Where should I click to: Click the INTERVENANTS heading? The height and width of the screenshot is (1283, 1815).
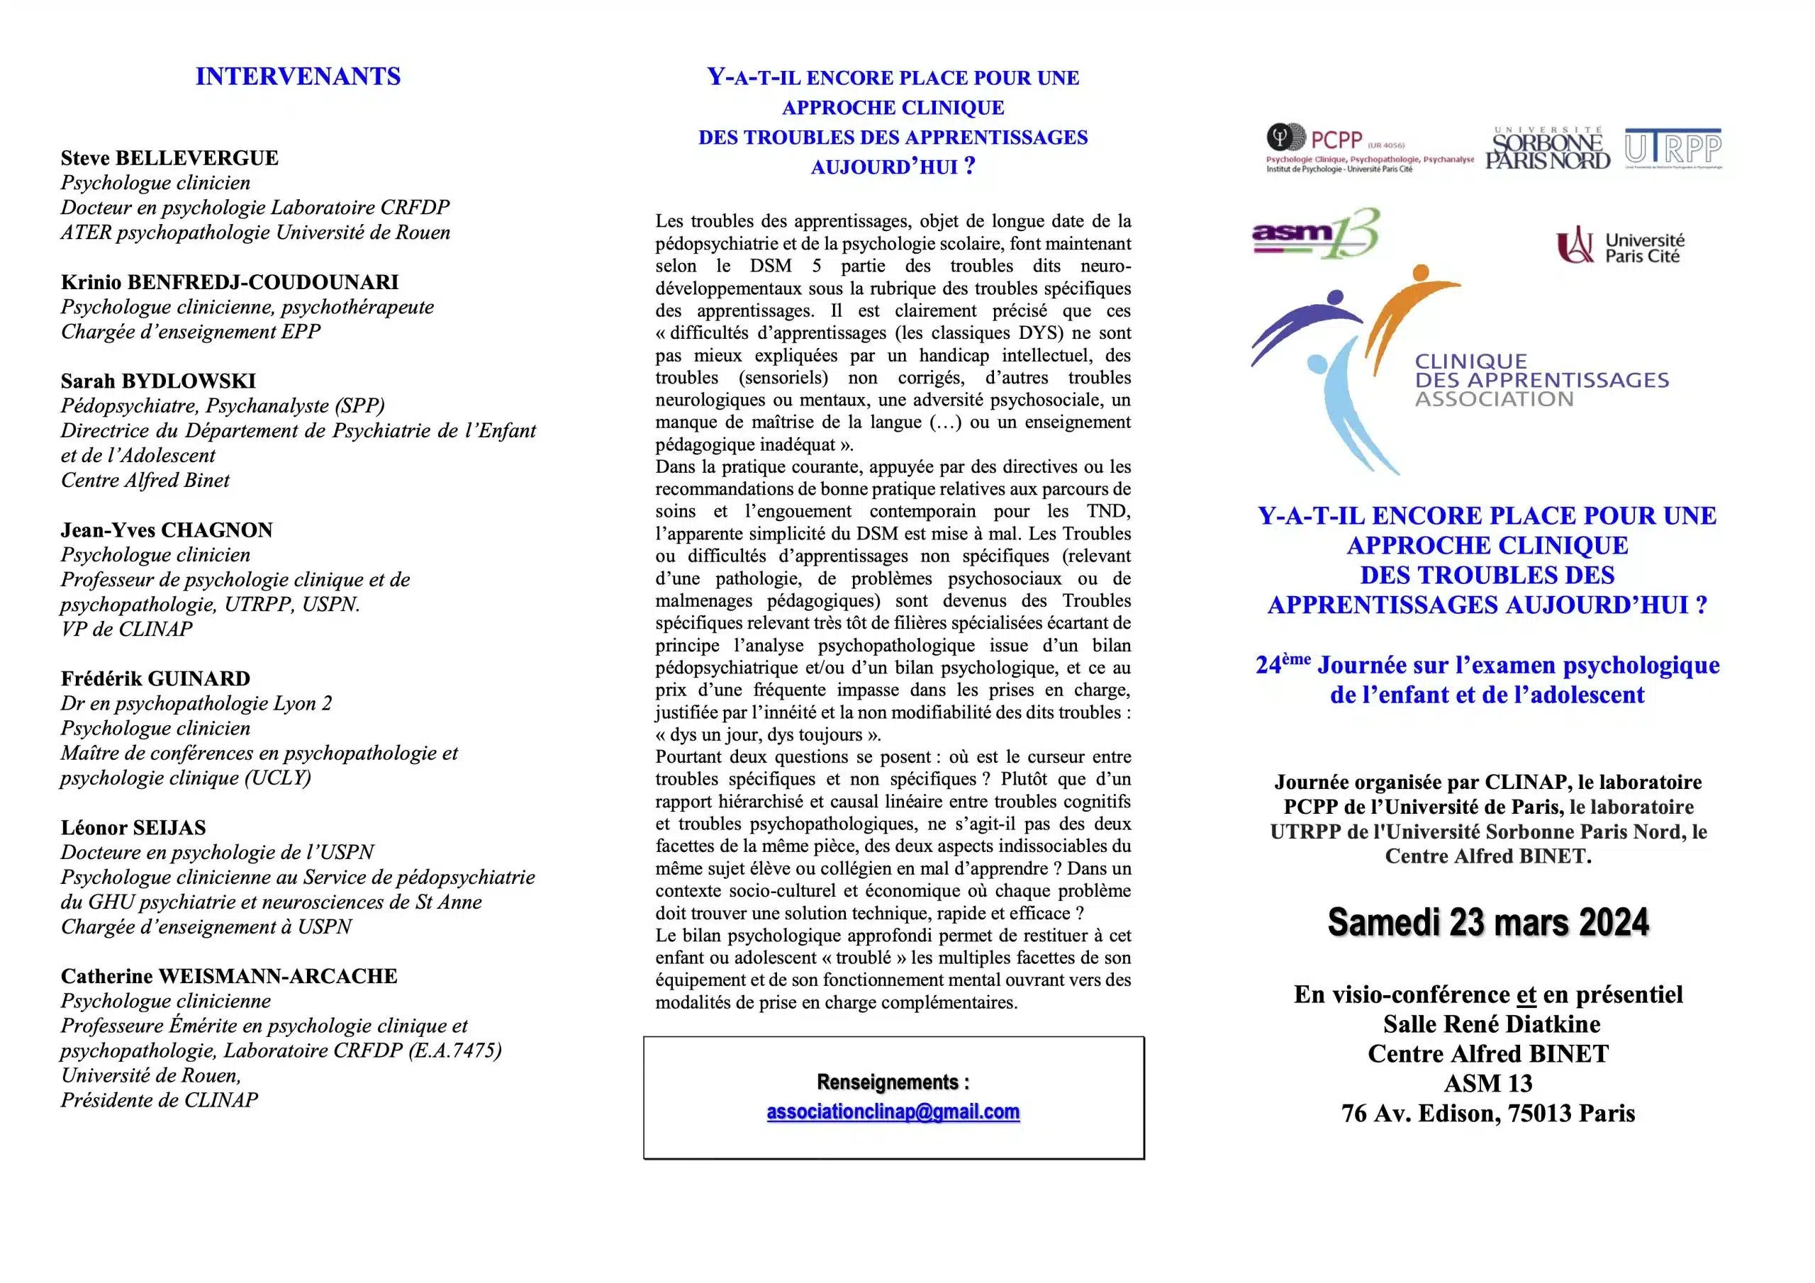tap(298, 77)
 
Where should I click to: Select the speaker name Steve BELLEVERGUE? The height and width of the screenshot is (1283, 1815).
tap(169, 158)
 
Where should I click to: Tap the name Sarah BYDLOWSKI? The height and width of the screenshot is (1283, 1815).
tap(158, 381)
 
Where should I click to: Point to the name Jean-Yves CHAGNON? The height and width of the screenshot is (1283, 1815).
tap(167, 530)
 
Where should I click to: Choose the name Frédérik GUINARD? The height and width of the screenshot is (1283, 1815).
tap(156, 678)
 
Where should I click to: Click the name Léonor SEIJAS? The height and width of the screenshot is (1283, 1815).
tap(133, 828)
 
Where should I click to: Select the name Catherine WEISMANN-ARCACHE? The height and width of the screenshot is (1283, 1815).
tap(229, 976)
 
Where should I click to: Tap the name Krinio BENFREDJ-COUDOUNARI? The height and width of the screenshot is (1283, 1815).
tap(229, 282)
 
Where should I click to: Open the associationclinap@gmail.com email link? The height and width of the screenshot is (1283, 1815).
tap(893, 1112)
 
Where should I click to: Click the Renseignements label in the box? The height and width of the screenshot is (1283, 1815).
tap(893, 1082)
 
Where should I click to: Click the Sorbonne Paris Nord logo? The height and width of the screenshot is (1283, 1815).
tap(1547, 149)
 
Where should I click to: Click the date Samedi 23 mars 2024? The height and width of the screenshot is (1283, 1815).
tap(1487, 922)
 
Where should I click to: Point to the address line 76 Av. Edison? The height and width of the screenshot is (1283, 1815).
tap(1487, 1113)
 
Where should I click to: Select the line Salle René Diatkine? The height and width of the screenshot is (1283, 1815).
tap(1491, 1024)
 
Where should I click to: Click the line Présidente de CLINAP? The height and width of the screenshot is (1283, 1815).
tap(159, 1100)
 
